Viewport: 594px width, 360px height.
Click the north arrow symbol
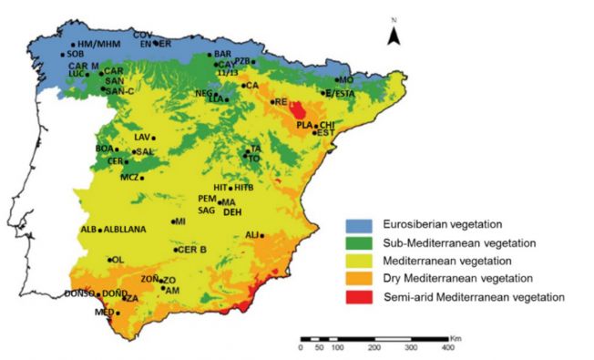tap(393, 34)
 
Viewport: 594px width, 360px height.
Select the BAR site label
tap(222, 54)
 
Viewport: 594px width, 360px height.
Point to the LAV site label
tap(141, 137)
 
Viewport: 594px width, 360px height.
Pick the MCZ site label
tap(129, 177)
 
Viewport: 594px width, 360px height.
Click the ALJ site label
tap(253, 235)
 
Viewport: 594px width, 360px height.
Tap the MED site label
tap(104, 313)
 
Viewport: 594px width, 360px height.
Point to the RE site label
tap(281, 102)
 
